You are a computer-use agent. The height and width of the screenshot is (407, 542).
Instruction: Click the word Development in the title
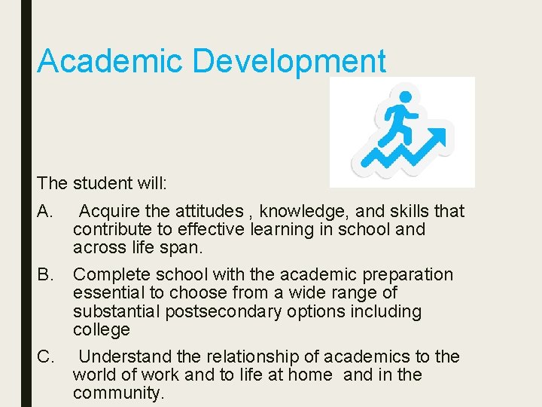[289, 61]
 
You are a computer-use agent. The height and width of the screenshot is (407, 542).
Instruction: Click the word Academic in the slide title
[110, 61]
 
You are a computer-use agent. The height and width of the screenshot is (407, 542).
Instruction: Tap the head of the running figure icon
[405, 98]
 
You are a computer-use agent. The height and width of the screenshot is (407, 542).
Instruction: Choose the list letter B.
[44, 274]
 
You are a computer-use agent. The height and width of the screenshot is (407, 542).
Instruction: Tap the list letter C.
[44, 357]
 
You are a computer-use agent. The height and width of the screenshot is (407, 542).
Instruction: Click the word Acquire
[110, 211]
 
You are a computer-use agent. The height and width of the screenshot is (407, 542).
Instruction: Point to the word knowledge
[303, 211]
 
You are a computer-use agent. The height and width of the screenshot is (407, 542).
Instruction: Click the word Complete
[110, 274]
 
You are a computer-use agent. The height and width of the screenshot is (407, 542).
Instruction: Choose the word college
[102, 330]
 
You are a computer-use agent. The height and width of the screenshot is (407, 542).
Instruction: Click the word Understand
[124, 357]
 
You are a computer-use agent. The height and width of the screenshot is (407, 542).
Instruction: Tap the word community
[118, 393]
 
